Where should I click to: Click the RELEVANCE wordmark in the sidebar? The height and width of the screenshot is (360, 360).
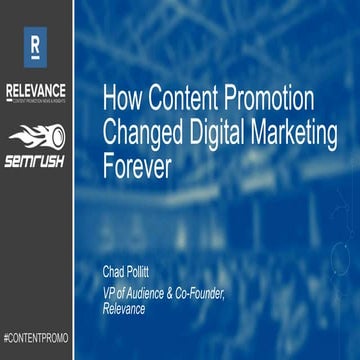[36, 87]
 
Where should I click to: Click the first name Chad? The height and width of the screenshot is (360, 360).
[115, 270]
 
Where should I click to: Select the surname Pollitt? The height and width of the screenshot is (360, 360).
[146, 270]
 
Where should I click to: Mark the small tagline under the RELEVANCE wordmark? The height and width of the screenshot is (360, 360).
[36, 97]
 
